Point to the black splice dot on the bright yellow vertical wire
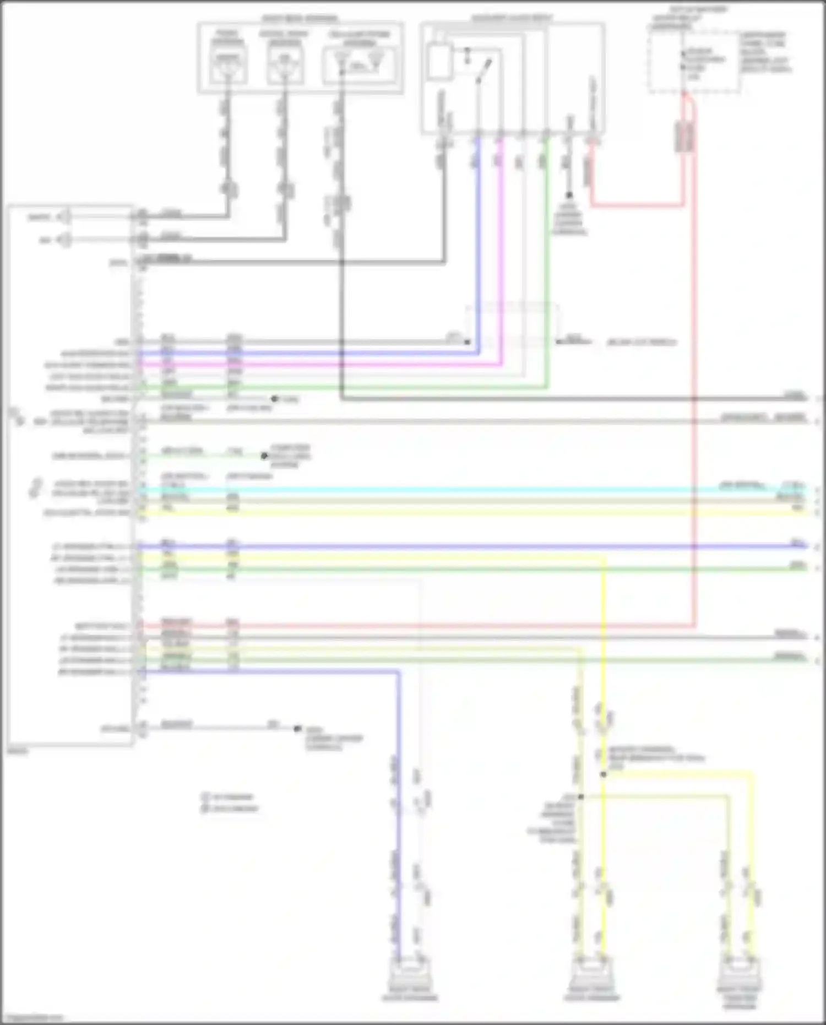(604, 774)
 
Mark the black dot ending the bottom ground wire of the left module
(297, 728)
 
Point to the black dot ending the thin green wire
(264, 455)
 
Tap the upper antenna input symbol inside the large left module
(65, 216)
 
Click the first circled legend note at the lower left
(205, 796)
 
